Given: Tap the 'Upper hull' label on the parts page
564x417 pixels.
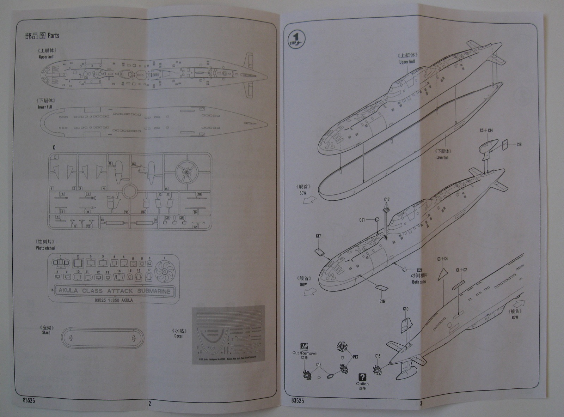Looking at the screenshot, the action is click(x=46, y=57).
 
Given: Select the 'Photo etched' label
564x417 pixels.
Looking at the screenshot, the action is click(x=45, y=248).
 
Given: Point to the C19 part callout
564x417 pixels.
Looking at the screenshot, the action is click(x=519, y=145).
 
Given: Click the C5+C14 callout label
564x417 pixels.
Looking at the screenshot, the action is click(x=486, y=131).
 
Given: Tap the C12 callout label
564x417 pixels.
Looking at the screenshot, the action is click(x=387, y=200).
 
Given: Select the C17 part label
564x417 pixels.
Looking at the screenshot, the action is click(x=318, y=236).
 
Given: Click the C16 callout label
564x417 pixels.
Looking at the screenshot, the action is click(x=382, y=301).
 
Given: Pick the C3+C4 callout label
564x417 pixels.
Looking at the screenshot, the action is click(x=442, y=259).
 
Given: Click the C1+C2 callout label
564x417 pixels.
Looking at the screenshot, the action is click(x=461, y=270).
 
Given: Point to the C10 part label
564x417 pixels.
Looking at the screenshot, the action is click(x=405, y=309).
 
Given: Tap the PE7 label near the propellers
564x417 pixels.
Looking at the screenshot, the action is click(x=356, y=357).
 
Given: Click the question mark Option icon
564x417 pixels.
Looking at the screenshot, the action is click(x=362, y=377).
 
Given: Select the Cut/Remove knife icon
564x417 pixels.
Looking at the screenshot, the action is click(x=304, y=346).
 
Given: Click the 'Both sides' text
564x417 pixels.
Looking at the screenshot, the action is click(x=419, y=282).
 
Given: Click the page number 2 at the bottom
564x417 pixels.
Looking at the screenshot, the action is click(x=149, y=404).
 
